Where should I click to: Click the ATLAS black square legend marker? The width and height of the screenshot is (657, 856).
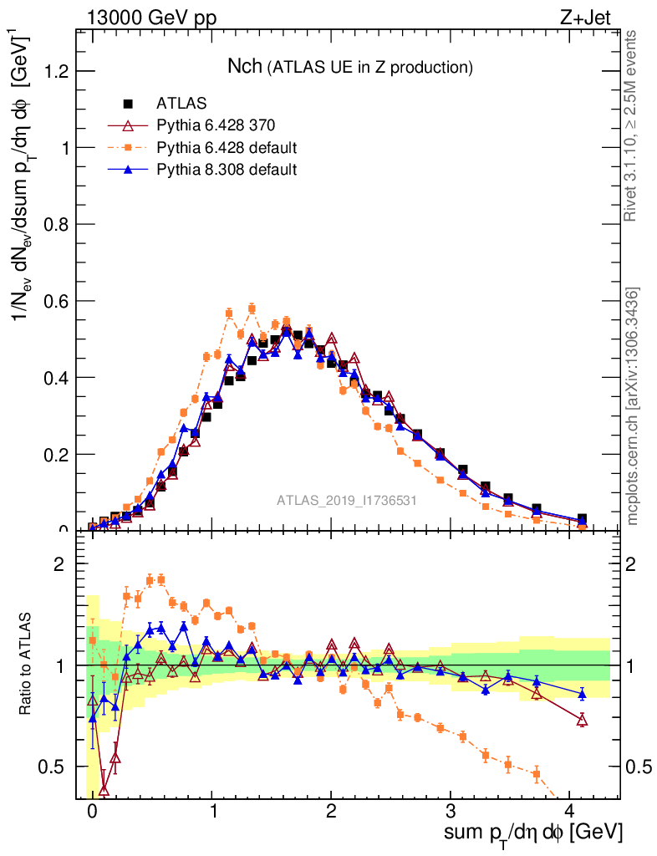pyautogui.click(x=128, y=104)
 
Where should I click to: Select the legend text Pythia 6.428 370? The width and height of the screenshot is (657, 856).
pyautogui.click(x=216, y=125)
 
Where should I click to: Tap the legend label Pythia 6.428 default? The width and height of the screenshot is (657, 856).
pyautogui.click(x=227, y=148)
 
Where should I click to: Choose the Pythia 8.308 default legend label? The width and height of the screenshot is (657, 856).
pyautogui.click(x=227, y=170)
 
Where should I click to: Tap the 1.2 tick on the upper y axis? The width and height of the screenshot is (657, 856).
pyautogui.click(x=56, y=71)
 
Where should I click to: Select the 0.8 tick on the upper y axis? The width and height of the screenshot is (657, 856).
pyautogui.click(x=56, y=224)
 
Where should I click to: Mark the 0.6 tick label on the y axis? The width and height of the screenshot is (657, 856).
pyautogui.click(x=56, y=301)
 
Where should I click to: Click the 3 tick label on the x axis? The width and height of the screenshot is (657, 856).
pyautogui.click(x=451, y=811)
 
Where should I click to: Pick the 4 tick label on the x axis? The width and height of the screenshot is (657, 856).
pyautogui.click(x=570, y=811)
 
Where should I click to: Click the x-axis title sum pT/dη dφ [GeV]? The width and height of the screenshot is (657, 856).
pyautogui.click(x=534, y=833)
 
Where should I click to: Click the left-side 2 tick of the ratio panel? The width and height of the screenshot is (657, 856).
pyautogui.click(x=59, y=564)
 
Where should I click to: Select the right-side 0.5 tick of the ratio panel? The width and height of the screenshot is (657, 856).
pyautogui.click(x=638, y=767)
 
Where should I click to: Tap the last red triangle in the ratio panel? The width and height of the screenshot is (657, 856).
pyautogui.click(x=582, y=720)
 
